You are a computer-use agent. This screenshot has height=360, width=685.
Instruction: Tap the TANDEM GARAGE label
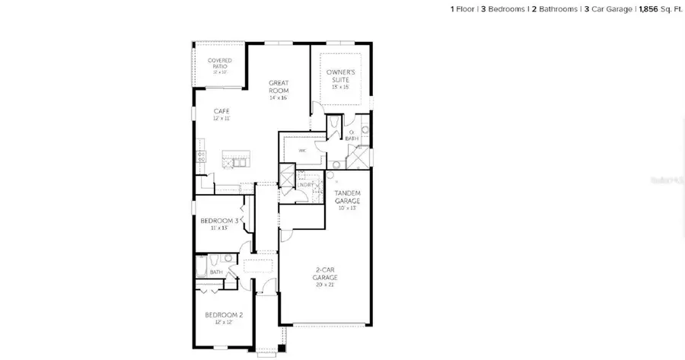[x=347, y=196]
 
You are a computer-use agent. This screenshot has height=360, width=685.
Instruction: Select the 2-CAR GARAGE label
[x=324, y=272]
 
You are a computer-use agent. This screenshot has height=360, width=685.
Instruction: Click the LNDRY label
[x=305, y=186]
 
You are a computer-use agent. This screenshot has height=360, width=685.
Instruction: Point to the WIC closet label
[x=302, y=151]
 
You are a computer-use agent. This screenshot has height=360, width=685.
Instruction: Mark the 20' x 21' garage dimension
[x=324, y=285]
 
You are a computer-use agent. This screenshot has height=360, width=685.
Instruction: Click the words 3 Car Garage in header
[x=607, y=8]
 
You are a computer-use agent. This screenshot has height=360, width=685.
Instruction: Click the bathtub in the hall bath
[x=202, y=266]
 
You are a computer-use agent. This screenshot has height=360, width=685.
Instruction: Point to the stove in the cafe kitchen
[x=202, y=157]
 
